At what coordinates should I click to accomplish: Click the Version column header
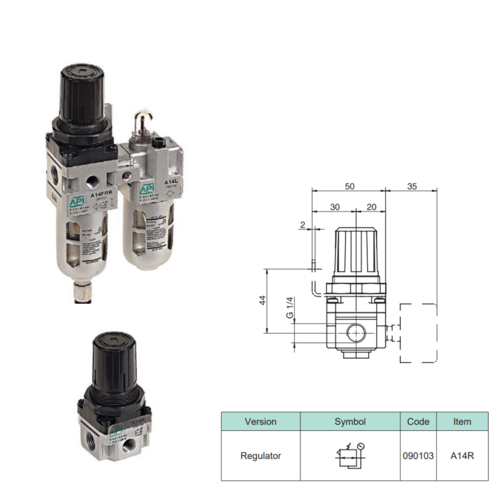(260, 422)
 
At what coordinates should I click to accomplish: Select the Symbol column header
(350, 422)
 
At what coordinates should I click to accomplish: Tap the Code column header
(418, 422)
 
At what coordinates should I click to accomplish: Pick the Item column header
(462, 422)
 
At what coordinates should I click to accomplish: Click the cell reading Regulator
(260, 456)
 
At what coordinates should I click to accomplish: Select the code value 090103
(418, 456)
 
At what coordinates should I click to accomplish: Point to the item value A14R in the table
(462, 456)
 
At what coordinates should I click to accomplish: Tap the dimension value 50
(349, 186)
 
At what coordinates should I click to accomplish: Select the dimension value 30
(334, 207)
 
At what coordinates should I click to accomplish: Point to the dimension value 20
(371, 207)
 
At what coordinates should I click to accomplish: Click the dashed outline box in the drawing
(418, 333)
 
